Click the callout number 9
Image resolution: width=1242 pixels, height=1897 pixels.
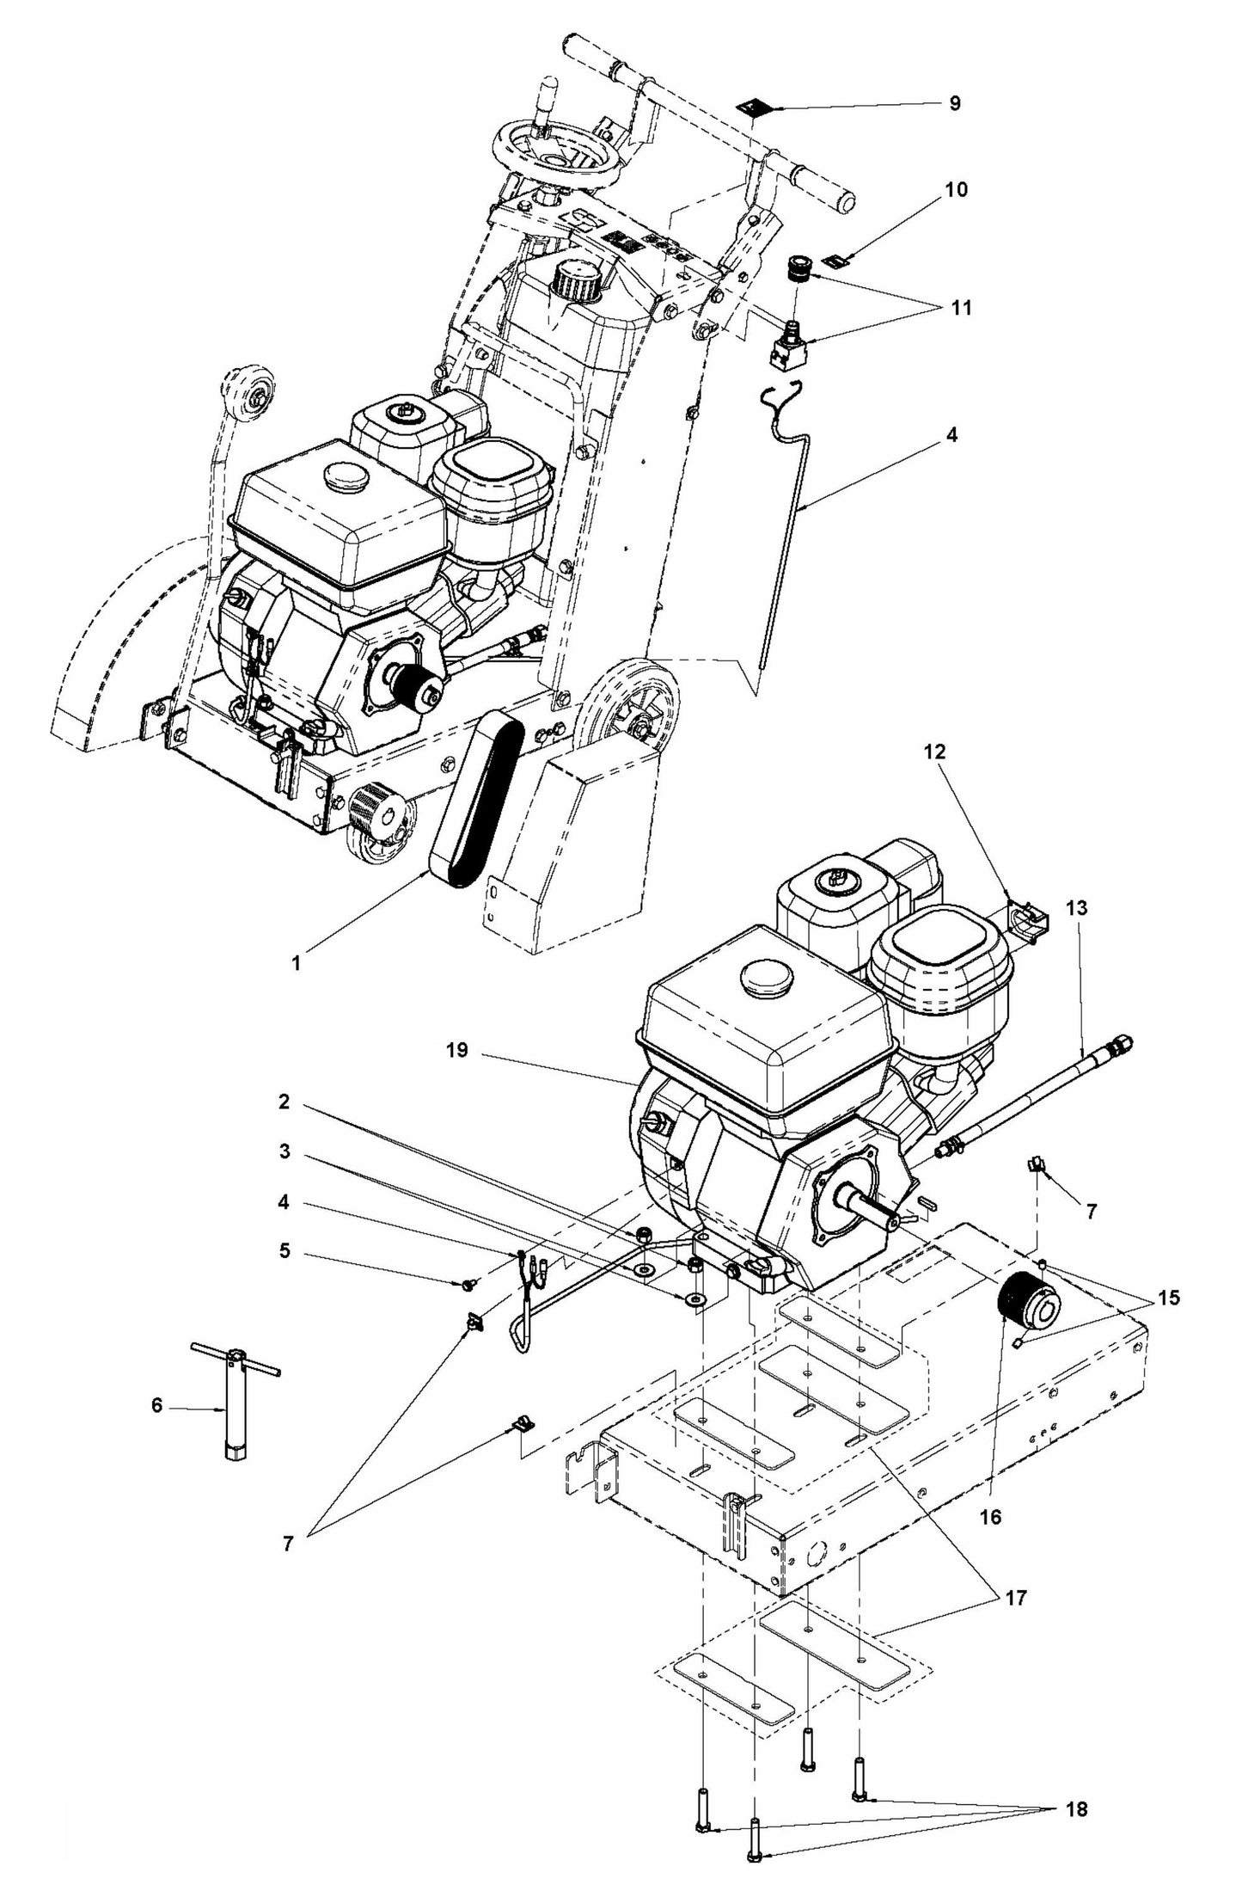pyautogui.click(x=955, y=103)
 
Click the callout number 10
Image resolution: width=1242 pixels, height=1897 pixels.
pyautogui.click(x=957, y=189)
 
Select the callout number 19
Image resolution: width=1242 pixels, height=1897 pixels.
pyautogui.click(x=457, y=1050)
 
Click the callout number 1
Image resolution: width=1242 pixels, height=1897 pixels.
pyautogui.click(x=296, y=964)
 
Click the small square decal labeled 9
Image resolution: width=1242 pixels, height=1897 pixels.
pyautogui.click(x=754, y=107)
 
